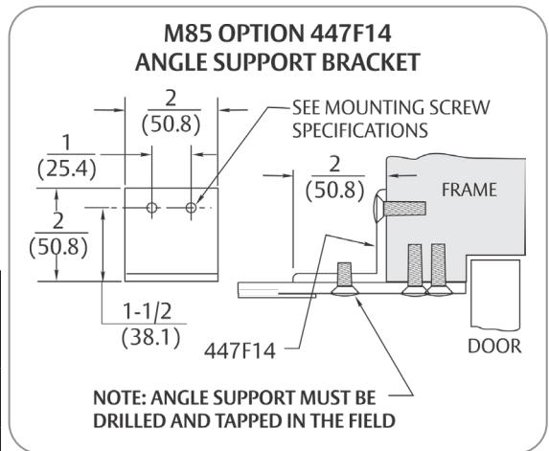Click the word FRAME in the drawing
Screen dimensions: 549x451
click(x=469, y=190)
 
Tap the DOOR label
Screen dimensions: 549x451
click(x=494, y=346)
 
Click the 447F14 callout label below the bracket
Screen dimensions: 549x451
click(x=240, y=350)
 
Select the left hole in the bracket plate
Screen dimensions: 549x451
click(x=151, y=208)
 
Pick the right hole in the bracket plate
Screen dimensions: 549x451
click(x=192, y=208)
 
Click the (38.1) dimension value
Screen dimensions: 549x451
click(x=151, y=338)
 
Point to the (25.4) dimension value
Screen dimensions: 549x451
click(x=67, y=169)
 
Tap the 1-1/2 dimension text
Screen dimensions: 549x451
click(x=147, y=310)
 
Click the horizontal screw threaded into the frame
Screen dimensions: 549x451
click(x=400, y=209)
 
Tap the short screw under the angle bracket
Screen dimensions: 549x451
click(x=345, y=279)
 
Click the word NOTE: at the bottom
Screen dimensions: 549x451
click(x=119, y=397)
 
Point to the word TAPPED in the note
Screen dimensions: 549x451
click(x=249, y=420)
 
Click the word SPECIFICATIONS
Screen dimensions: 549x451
click(x=360, y=130)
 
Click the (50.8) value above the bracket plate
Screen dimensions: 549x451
click(x=172, y=124)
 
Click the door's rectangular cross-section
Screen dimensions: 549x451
click(x=495, y=295)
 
